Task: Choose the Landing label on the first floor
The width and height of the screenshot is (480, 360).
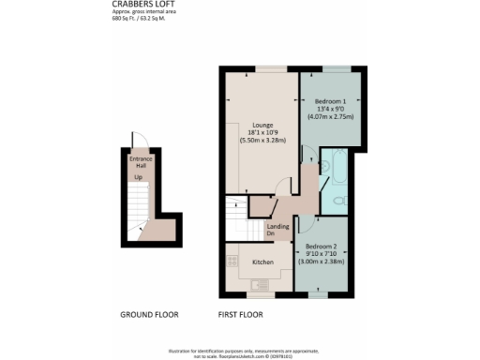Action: coord(277,226)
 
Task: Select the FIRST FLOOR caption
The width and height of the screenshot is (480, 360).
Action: coord(240,314)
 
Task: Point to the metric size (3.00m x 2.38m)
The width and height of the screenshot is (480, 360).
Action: coord(329,259)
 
